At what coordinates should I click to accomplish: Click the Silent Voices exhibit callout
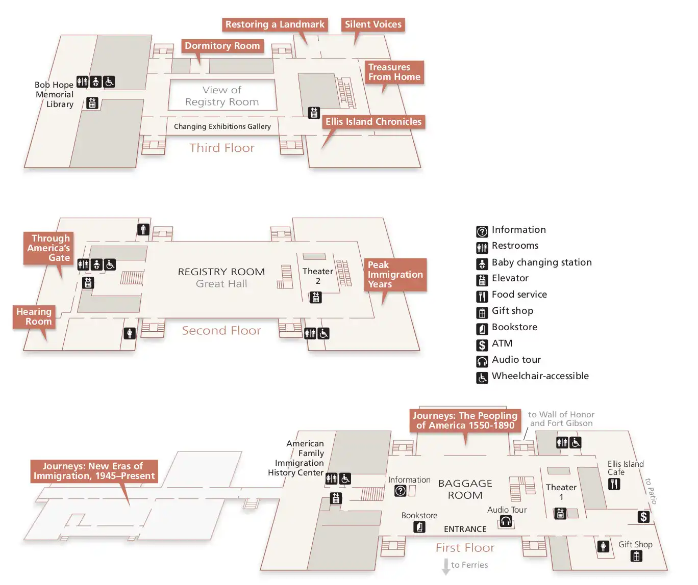coord(373,24)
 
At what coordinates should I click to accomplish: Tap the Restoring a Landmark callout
coord(275,24)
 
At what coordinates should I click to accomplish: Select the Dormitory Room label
coord(222,46)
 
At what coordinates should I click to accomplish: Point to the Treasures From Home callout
coord(394,72)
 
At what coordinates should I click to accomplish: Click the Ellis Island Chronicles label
coord(373,122)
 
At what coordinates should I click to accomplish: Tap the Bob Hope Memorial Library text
coord(55,94)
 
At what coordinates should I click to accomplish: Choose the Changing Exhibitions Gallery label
coord(222,126)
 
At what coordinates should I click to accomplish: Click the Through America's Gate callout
coord(49,248)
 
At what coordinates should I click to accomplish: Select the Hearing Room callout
coord(34,316)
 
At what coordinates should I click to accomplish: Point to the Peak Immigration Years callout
coord(395,274)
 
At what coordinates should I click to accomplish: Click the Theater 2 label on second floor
coord(317,276)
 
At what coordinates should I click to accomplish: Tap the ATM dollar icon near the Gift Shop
coord(643,517)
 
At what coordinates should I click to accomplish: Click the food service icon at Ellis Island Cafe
coord(614,484)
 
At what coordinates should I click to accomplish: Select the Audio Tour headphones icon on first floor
coord(506,521)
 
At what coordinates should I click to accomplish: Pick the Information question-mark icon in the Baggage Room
coord(401,491)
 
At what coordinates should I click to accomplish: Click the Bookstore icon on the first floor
coord(419,526)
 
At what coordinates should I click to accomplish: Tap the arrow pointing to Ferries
coord(445,566)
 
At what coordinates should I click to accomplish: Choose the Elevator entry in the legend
coord(510,278)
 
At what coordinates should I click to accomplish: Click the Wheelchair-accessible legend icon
coord(482,378)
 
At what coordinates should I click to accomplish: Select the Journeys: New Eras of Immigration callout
coord(94,471)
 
